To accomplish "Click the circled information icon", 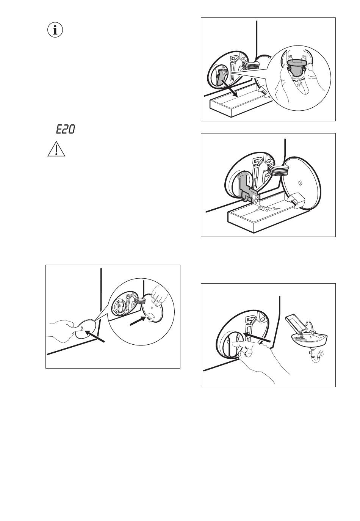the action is [x=55, y=30].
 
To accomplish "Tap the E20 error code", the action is [x=66, y=129].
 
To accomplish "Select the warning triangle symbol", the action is [x=56, y=149].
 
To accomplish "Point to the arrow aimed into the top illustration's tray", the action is [x=229, y=88].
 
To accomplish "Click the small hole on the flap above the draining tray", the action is [x=300, y=183].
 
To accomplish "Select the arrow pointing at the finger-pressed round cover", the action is [x=95, y=336].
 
